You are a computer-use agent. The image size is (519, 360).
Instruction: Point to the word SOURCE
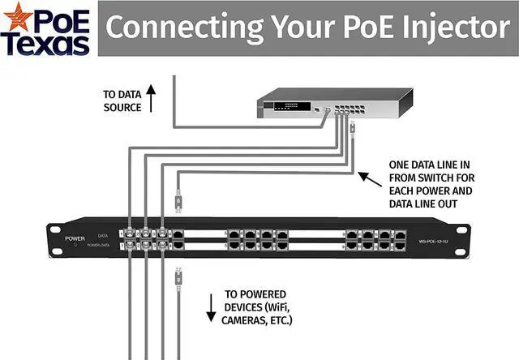(x=122, y=107)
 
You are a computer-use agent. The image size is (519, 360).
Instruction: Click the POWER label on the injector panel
(x=75, y=239)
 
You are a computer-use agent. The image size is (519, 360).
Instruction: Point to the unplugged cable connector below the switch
(x=354, y=127)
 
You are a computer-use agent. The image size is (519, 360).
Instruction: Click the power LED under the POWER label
(x=75, y=246)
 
